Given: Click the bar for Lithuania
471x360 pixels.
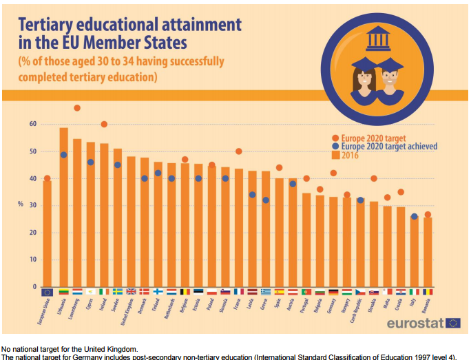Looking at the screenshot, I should click(63, 207).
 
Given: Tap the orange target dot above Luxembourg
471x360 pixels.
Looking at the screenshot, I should click(77, 108).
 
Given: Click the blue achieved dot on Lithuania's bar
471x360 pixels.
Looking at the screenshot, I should click(63, 155).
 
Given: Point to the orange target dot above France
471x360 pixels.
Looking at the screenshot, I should click(239, 151).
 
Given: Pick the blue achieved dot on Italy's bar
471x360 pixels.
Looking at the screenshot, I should click(414, 217).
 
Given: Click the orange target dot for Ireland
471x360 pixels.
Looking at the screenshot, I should click(104, 125).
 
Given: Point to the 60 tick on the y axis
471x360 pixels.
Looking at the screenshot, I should click(32, 125).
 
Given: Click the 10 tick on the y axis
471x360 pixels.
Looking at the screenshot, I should click(32, 260).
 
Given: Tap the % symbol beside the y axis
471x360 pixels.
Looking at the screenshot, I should click(21, 204).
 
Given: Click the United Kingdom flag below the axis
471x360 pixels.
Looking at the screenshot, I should click(131, 292).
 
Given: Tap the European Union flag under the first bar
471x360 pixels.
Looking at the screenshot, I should click(47, 292).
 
